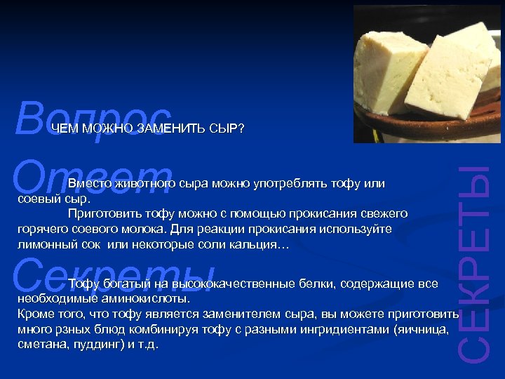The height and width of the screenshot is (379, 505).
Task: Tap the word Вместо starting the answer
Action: click(88, 184)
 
